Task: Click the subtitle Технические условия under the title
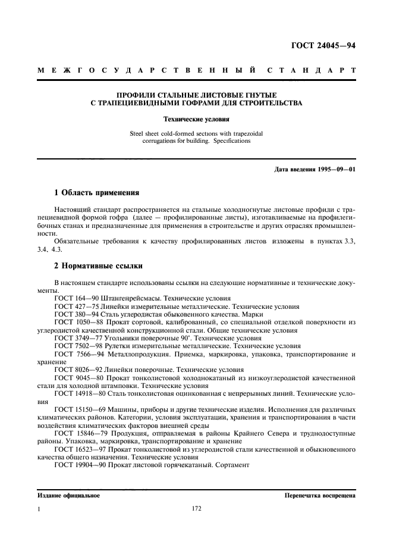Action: (196, 119)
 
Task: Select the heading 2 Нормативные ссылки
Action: (98, 266)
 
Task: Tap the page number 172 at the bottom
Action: (196, 509)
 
